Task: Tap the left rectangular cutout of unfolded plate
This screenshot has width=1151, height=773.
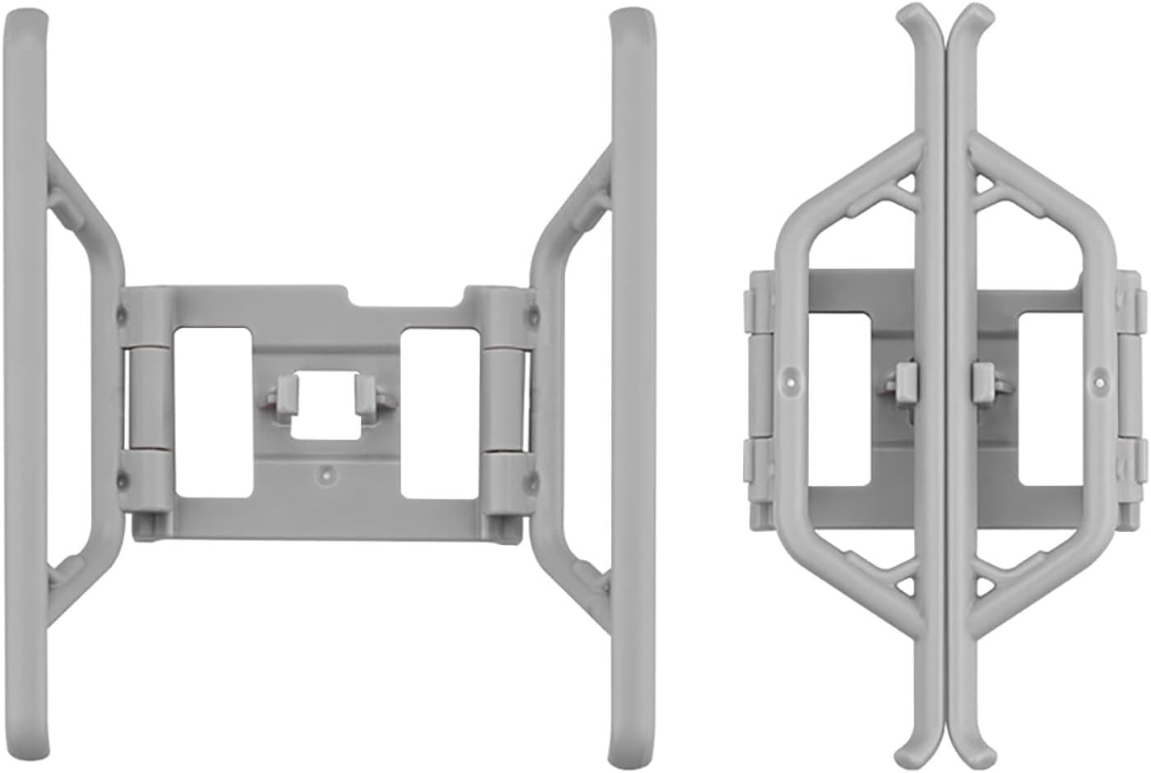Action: pos(212,411)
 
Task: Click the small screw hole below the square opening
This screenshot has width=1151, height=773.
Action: pos(327,474)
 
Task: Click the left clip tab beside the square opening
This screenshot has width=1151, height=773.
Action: pos(284,394)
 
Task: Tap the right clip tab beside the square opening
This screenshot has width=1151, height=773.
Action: pos(368,394)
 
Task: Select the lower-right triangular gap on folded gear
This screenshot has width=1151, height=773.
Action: pos(985,585)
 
